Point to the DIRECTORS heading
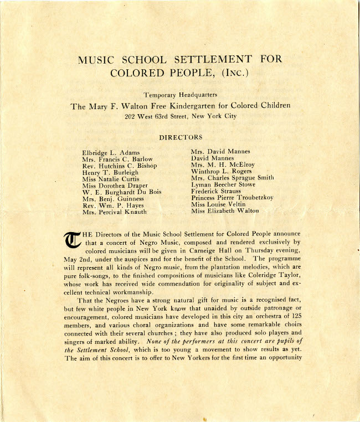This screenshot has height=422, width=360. click(181, 137)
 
